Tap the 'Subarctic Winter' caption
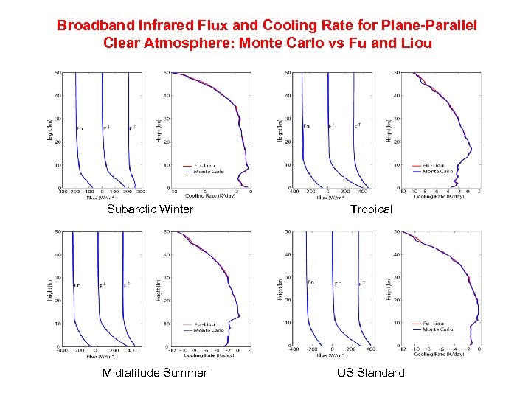tap(150, 209)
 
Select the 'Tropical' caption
tap(371, 209)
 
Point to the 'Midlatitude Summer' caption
tap(155, 372)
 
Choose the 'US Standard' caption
tap(371, 372)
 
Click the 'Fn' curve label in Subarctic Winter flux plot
tap(80, 128)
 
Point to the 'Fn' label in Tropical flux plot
tap(307, 126)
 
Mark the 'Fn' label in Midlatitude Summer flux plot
tap(77, 285)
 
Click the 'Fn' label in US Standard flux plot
tap(310, 282)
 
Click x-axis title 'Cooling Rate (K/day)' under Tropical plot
tap(439, 197)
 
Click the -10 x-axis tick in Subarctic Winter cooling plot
tap(173, 192)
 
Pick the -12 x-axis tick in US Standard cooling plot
tap(402, 350)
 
